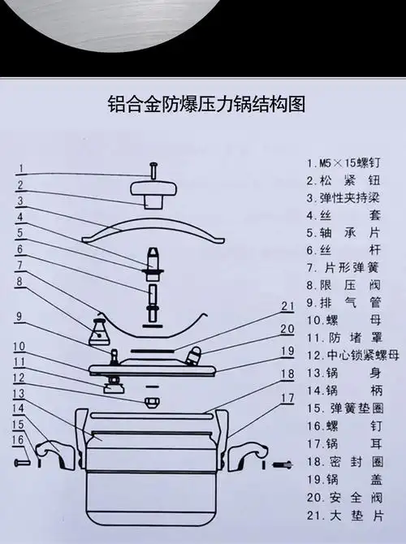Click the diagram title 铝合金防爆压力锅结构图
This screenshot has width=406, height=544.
(206, 106)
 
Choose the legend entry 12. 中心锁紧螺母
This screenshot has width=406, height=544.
(352, 355)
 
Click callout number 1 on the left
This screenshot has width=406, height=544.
(23, 169)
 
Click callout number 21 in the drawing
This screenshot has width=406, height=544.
(286, 305)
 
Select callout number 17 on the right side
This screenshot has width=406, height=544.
(287, 398)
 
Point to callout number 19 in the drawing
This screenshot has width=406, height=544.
(286, 351)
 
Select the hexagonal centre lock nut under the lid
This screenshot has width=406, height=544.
(152, 403)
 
